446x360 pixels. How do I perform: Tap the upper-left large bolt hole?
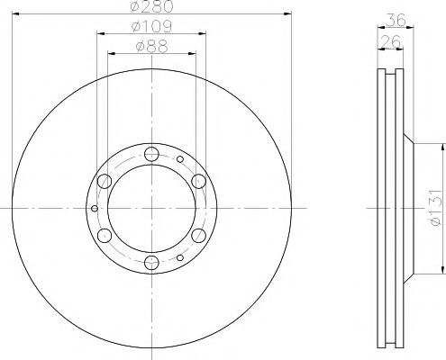click(x=104, y=180)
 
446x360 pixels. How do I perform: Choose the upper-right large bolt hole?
click(x=198, y=180)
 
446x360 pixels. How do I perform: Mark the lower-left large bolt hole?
click(x=104, y=236)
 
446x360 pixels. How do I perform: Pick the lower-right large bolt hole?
click(x=198, y=236)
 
